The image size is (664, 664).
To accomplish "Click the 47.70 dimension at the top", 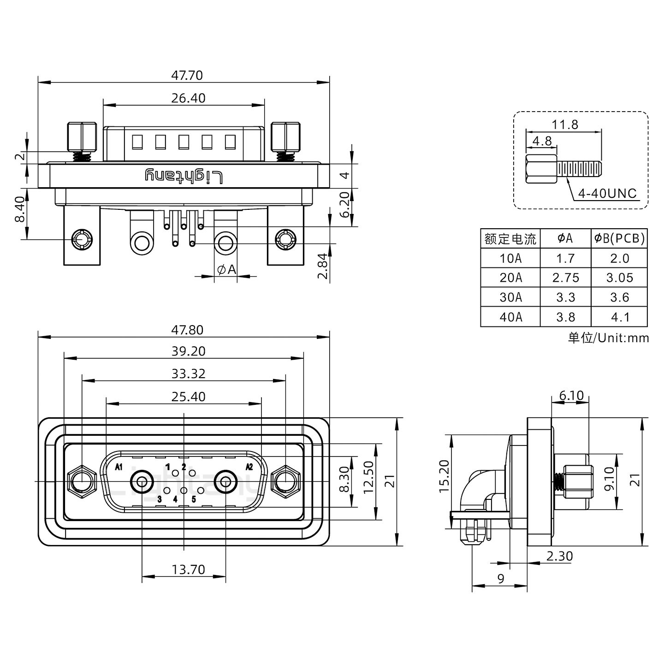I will click(x=187, y=75).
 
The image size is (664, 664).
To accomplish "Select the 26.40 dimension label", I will click(x=188, y=98).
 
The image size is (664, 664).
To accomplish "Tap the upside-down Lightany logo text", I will click(x=184, y=176).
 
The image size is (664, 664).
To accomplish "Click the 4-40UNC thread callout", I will click(x=607, y=194).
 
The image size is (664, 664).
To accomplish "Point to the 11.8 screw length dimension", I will click(x=564, y=125).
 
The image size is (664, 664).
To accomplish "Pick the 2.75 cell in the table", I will click(x=565, y=278).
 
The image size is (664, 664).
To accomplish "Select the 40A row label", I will click(x=510, y=317).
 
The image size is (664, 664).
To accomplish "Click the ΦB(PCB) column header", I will click(x=619, y=238).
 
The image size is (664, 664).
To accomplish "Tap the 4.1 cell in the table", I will click(x=619, y=317).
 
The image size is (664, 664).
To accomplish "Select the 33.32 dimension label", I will click(x=188, y=373).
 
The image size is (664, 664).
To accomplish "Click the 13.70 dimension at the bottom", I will click(x=188, y=569).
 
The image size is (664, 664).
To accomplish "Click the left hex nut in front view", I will click(x=82, y=482).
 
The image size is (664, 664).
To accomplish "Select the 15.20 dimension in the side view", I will click(x=444, y=476).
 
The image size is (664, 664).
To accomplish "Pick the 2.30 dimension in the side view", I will click(x=559, y=556).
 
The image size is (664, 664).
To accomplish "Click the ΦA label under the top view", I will click(x=226, y=269).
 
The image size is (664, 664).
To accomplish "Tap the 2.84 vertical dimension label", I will click(x=323, y=266).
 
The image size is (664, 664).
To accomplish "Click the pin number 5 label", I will click(x=194, y=499).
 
